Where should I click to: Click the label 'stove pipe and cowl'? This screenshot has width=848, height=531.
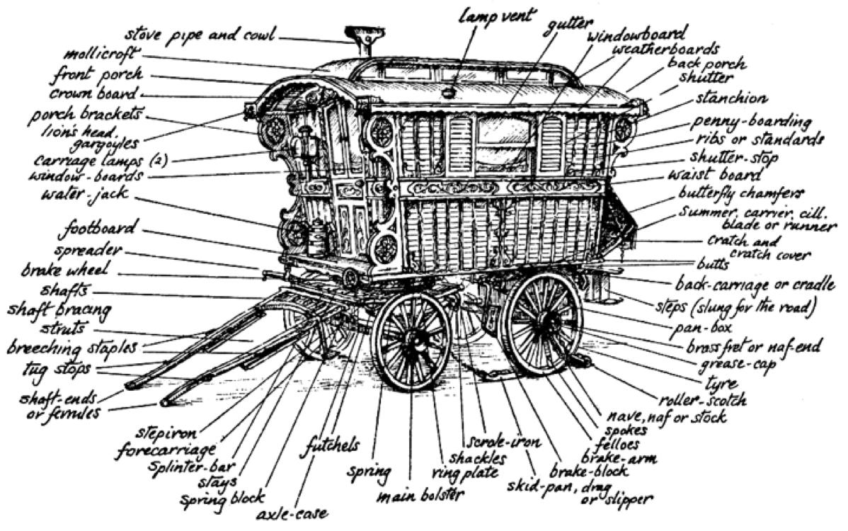tap(200, 35)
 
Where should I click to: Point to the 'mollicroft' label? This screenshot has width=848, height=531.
tap(102, 55)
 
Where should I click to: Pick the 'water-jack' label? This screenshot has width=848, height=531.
tap(85, 193)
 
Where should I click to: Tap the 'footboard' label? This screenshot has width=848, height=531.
tap(98, 229)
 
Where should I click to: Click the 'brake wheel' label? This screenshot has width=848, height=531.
tap(65, 269)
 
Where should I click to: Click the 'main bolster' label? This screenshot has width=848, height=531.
tap(420, 496)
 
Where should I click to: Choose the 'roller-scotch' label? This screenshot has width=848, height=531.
tap(702, 399)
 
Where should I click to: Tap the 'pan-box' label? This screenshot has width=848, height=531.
tap(703, 327)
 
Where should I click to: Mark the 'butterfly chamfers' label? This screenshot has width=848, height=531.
tap(741, 193)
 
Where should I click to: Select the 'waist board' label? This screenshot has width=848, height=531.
tap(714, 175)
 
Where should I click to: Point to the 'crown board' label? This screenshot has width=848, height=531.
tap(93, 93)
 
